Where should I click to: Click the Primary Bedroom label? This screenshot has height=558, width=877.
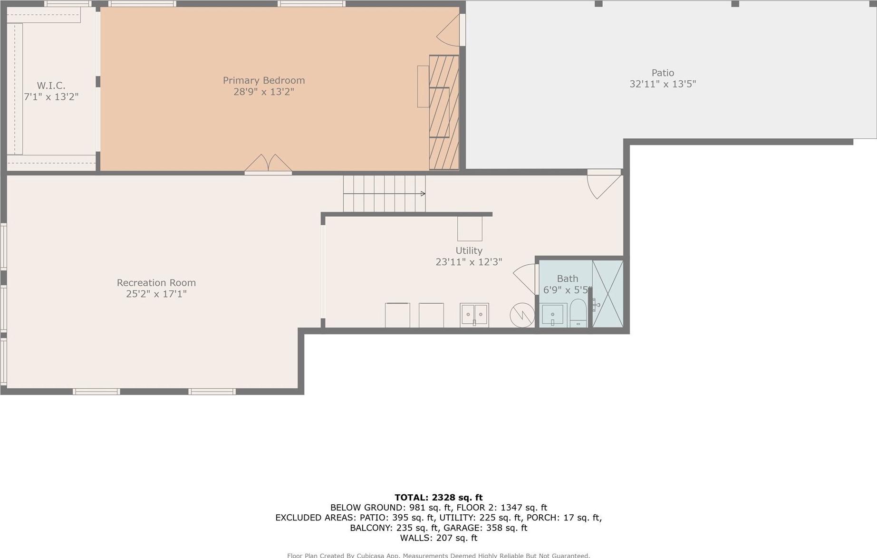point(264,80)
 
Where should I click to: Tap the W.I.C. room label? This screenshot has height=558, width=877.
point(51,86)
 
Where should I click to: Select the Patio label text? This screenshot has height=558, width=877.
point(663,73)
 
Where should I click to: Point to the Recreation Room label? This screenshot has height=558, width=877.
point(156,283)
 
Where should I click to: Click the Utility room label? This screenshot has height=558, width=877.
point(469,250)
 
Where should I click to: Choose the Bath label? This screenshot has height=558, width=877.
point(568,279)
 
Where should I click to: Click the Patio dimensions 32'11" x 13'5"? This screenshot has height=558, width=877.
point(663,84)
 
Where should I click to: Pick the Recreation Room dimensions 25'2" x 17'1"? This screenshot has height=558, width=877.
point(156,294)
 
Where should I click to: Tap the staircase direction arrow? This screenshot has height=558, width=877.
point(384,194)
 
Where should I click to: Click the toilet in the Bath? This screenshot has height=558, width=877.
point(578,313)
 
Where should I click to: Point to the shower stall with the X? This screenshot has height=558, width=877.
point(607,294)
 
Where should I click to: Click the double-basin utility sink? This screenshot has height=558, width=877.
point(474,315)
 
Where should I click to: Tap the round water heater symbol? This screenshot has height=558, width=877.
point(522,315)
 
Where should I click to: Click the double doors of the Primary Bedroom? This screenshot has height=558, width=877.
point(268,164)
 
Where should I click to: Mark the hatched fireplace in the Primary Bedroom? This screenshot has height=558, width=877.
point(444,112)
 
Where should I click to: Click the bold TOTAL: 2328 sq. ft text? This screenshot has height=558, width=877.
point(438,498)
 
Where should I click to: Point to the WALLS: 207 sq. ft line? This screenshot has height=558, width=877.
point(438,538)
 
